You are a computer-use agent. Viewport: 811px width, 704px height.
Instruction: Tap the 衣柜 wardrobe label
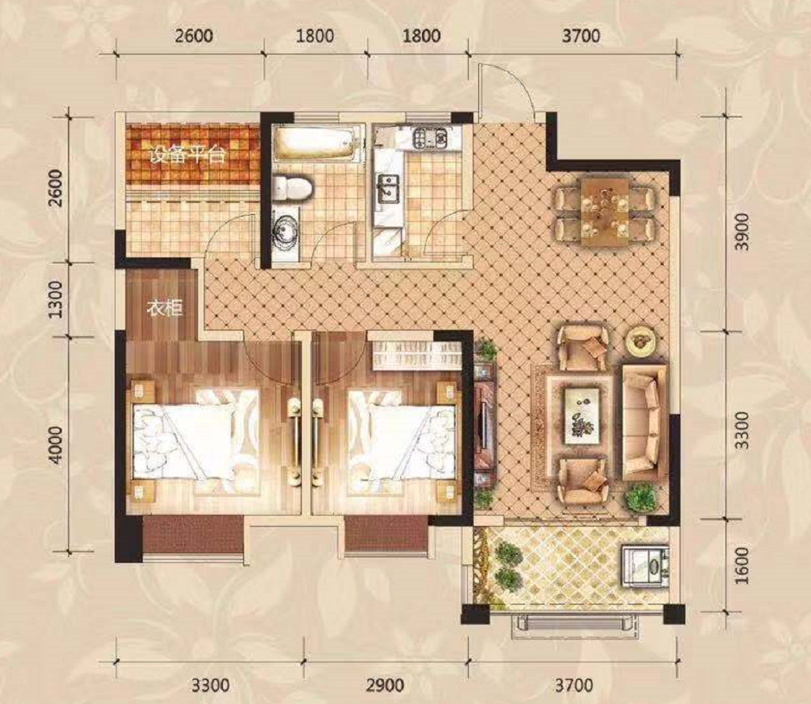coord(164,308)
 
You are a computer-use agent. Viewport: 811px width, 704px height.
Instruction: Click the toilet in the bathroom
coord(292,187)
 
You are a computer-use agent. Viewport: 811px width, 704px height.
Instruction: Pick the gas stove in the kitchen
coord(429,138)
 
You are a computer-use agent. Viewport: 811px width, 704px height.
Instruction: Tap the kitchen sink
coord(388,188)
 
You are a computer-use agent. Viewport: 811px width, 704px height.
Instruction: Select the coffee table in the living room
coord(582,415)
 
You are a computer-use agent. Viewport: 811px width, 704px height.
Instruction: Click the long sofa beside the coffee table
coord(644,422)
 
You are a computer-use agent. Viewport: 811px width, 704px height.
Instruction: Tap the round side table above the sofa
coord(642,340)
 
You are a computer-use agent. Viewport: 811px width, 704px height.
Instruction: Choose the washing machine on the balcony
coord(645,566)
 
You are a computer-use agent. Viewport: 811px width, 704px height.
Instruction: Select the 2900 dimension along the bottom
coord(385,685)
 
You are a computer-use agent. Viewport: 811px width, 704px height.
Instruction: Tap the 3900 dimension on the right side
coord(741,232)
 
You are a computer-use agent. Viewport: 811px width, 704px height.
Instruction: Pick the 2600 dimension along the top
coord(193,36)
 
